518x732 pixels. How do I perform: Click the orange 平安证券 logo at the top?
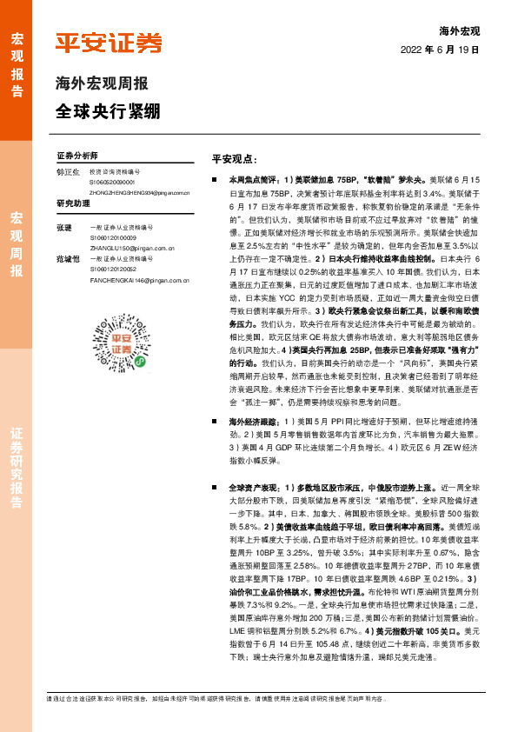[109, 43]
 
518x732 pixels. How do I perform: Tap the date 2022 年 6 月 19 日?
[441, 51]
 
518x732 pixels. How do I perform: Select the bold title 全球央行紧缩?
[109, 112]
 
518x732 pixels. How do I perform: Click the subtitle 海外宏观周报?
[102, 84]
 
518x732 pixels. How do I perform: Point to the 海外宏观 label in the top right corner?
[459, 30]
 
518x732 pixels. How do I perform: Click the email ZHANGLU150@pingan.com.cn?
[127, 246]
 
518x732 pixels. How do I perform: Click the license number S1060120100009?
[111, 236]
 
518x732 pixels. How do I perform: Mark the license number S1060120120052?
[111, 270]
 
